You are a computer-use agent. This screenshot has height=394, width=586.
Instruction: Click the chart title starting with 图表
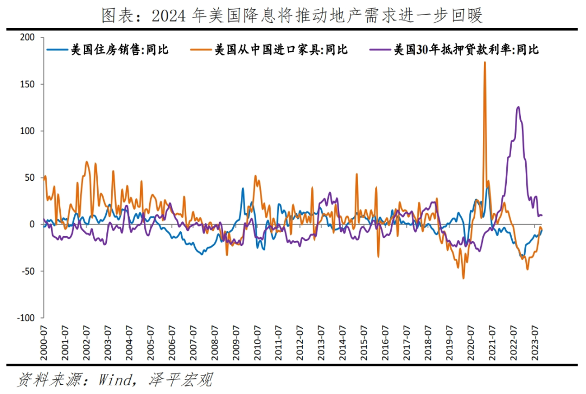point(292,16)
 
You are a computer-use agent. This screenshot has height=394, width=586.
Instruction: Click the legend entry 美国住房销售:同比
point(119,50)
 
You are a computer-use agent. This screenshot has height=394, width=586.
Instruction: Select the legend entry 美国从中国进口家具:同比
point(281,50)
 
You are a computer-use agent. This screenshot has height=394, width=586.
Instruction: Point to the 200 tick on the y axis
point(27,37)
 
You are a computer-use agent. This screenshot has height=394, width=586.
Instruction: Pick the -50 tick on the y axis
point(27,271)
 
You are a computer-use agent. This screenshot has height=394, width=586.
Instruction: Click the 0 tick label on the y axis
point(31,224)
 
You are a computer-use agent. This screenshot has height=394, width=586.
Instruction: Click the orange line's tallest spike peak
point(485,62)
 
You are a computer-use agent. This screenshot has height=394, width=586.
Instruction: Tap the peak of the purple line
point(518,107)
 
